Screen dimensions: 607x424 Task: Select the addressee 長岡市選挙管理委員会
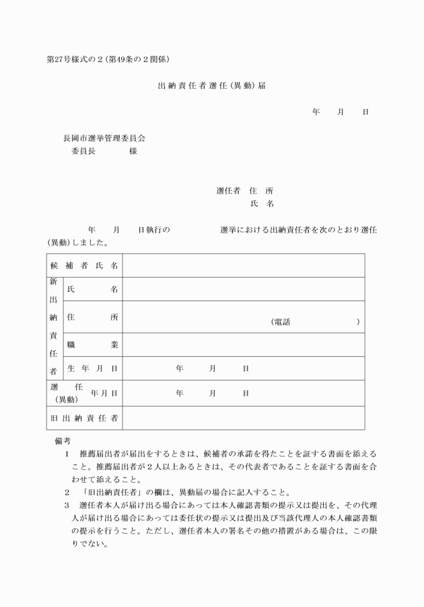(104, 138)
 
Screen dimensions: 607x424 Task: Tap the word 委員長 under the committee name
(84, 151)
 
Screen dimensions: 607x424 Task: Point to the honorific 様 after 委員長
(133, 151)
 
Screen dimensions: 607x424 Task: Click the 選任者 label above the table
(228, 191)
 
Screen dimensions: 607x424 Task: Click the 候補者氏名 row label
(84, 266)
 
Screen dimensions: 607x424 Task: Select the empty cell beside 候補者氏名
(243, 266)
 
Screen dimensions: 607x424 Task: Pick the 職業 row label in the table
(92, 345)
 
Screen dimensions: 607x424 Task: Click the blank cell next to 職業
(243, 345)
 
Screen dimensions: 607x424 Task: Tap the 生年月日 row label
(92, 368)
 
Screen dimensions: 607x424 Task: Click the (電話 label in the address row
(280, 322)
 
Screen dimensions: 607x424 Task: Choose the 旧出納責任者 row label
(84, 418)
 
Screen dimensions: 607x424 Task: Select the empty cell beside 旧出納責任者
(243, 418)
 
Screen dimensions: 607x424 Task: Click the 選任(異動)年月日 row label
(84, 393)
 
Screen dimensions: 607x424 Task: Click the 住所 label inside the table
(92, 317)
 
